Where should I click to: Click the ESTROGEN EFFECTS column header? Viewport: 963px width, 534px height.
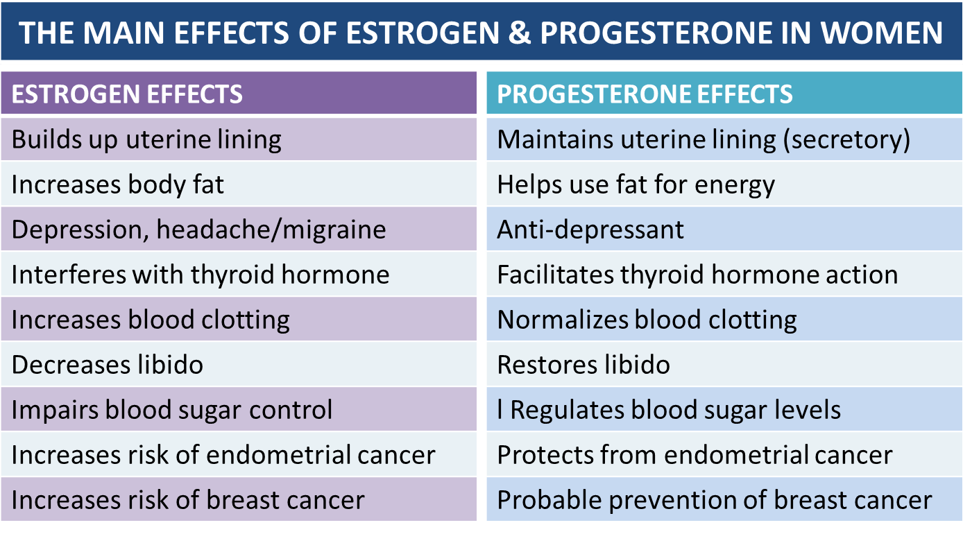(127, 94)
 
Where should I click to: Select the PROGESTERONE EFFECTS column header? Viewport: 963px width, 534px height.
(645, 94)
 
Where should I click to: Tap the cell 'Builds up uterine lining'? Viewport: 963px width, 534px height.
(146, 140)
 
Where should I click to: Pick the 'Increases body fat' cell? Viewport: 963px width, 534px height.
(118, 185)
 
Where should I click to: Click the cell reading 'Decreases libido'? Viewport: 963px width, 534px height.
(108, 365)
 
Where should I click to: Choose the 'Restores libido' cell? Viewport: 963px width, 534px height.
(583, 365)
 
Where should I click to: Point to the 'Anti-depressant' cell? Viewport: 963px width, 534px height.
(590, 230)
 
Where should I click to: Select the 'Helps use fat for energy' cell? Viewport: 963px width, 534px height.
(636, 185)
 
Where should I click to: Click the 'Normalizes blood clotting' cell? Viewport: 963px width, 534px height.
(647, 320)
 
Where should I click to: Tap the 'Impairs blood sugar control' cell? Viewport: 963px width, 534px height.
(172, 410)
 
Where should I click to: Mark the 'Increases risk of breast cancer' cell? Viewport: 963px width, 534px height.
(188, 500)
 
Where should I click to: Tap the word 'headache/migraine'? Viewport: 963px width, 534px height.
(271, 230)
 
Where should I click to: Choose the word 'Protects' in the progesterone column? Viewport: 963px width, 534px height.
(545, 455)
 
